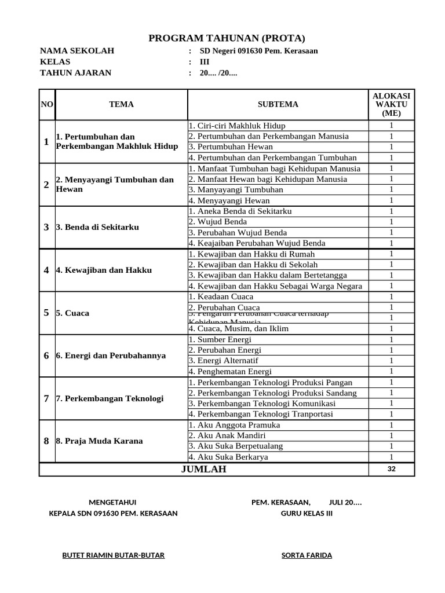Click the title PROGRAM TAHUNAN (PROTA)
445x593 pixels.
pyautogui.click(x=227, y=38)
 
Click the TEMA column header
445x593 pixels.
pyautogui.click(x=121, y=104)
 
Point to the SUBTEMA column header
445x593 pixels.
pyautogui.click(x=278, y=104)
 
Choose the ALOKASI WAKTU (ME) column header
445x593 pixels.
pyautogui.click(x=391, y=104)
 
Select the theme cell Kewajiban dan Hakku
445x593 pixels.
pyautogui.click(x=104, y=270)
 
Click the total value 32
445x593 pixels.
pyautogui.click(x=391, y=469)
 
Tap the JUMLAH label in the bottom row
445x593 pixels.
pyautogui.click(x=203, y=469)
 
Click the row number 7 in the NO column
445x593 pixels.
pyautogui.click(x=46, y=398)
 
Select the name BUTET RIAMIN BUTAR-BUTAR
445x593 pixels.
pyautogui.click(x=114, y=555)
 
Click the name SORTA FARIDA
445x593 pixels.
pyautogui.click(x=307, y=555)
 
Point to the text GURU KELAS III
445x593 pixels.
pyautogui.click(x=307, y=513)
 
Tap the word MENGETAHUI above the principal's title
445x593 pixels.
pyautogui.click(x=113, y=502)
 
